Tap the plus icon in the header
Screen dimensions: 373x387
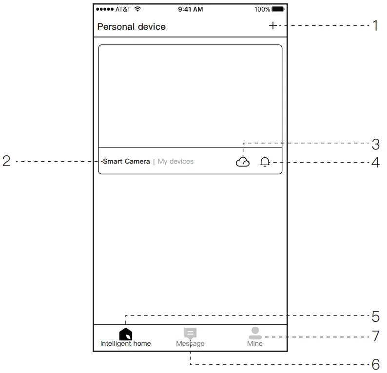(272, 26)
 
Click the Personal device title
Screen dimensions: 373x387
(131, 27)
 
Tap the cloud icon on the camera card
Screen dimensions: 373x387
(242, 162)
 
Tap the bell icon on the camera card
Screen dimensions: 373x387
(265, 162)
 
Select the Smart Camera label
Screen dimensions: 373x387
(126, 161)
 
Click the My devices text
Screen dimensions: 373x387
(175, 161)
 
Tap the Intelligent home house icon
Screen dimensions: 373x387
(126, 334)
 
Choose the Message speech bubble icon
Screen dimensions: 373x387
(190, 334)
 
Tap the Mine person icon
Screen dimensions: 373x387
(255, 333)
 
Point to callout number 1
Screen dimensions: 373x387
(375, 26)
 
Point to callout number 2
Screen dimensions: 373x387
(6, 162)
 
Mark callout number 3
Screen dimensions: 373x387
(375, 144)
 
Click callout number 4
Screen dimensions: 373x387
(375, 162)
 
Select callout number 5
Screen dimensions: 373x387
(375, 317)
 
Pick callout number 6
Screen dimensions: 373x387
(375, 364)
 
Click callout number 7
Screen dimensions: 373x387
(375, 336)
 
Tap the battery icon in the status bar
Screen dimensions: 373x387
(278, 9)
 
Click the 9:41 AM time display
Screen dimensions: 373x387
(190, 9)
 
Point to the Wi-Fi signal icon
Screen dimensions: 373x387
(137, 9)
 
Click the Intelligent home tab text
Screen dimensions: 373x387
(126, 344)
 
